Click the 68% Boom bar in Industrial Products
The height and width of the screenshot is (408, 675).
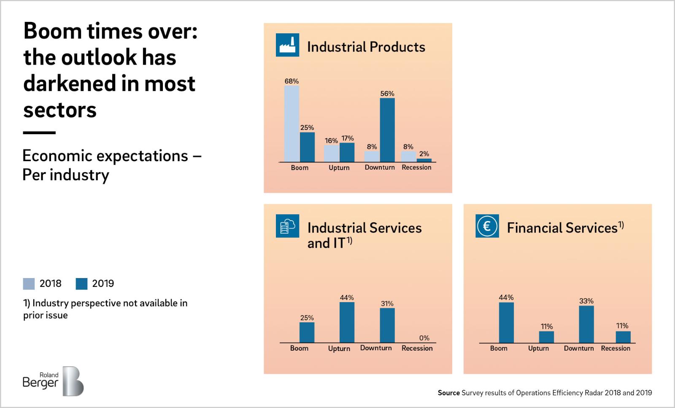point(292,124)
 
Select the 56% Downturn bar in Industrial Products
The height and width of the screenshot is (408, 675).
point(387,130)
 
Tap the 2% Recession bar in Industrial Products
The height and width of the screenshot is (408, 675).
point(424,160)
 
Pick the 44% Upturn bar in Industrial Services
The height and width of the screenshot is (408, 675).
point(347,322)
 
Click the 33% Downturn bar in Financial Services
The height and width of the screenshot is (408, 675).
point(586,324)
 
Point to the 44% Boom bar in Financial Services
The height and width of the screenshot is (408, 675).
point(506,323)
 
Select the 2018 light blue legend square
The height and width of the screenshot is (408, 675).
point(29,284)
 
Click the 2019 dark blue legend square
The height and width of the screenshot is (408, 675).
point(81,284)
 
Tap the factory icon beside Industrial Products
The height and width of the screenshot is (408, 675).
point(287,45)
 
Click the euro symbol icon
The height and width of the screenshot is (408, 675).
point(487,226)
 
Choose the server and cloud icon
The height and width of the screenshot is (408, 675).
point(287,226)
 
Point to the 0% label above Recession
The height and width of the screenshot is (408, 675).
point(424,338)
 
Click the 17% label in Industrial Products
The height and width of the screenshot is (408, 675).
point(348,138)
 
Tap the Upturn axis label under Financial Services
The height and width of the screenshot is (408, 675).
point(538,349)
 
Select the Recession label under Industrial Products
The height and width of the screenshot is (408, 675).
point(416,168)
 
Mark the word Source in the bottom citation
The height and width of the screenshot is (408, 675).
point(448,393)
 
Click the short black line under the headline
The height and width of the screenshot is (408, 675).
point(39,132)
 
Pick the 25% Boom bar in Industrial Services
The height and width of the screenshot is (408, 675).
point(307,332)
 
